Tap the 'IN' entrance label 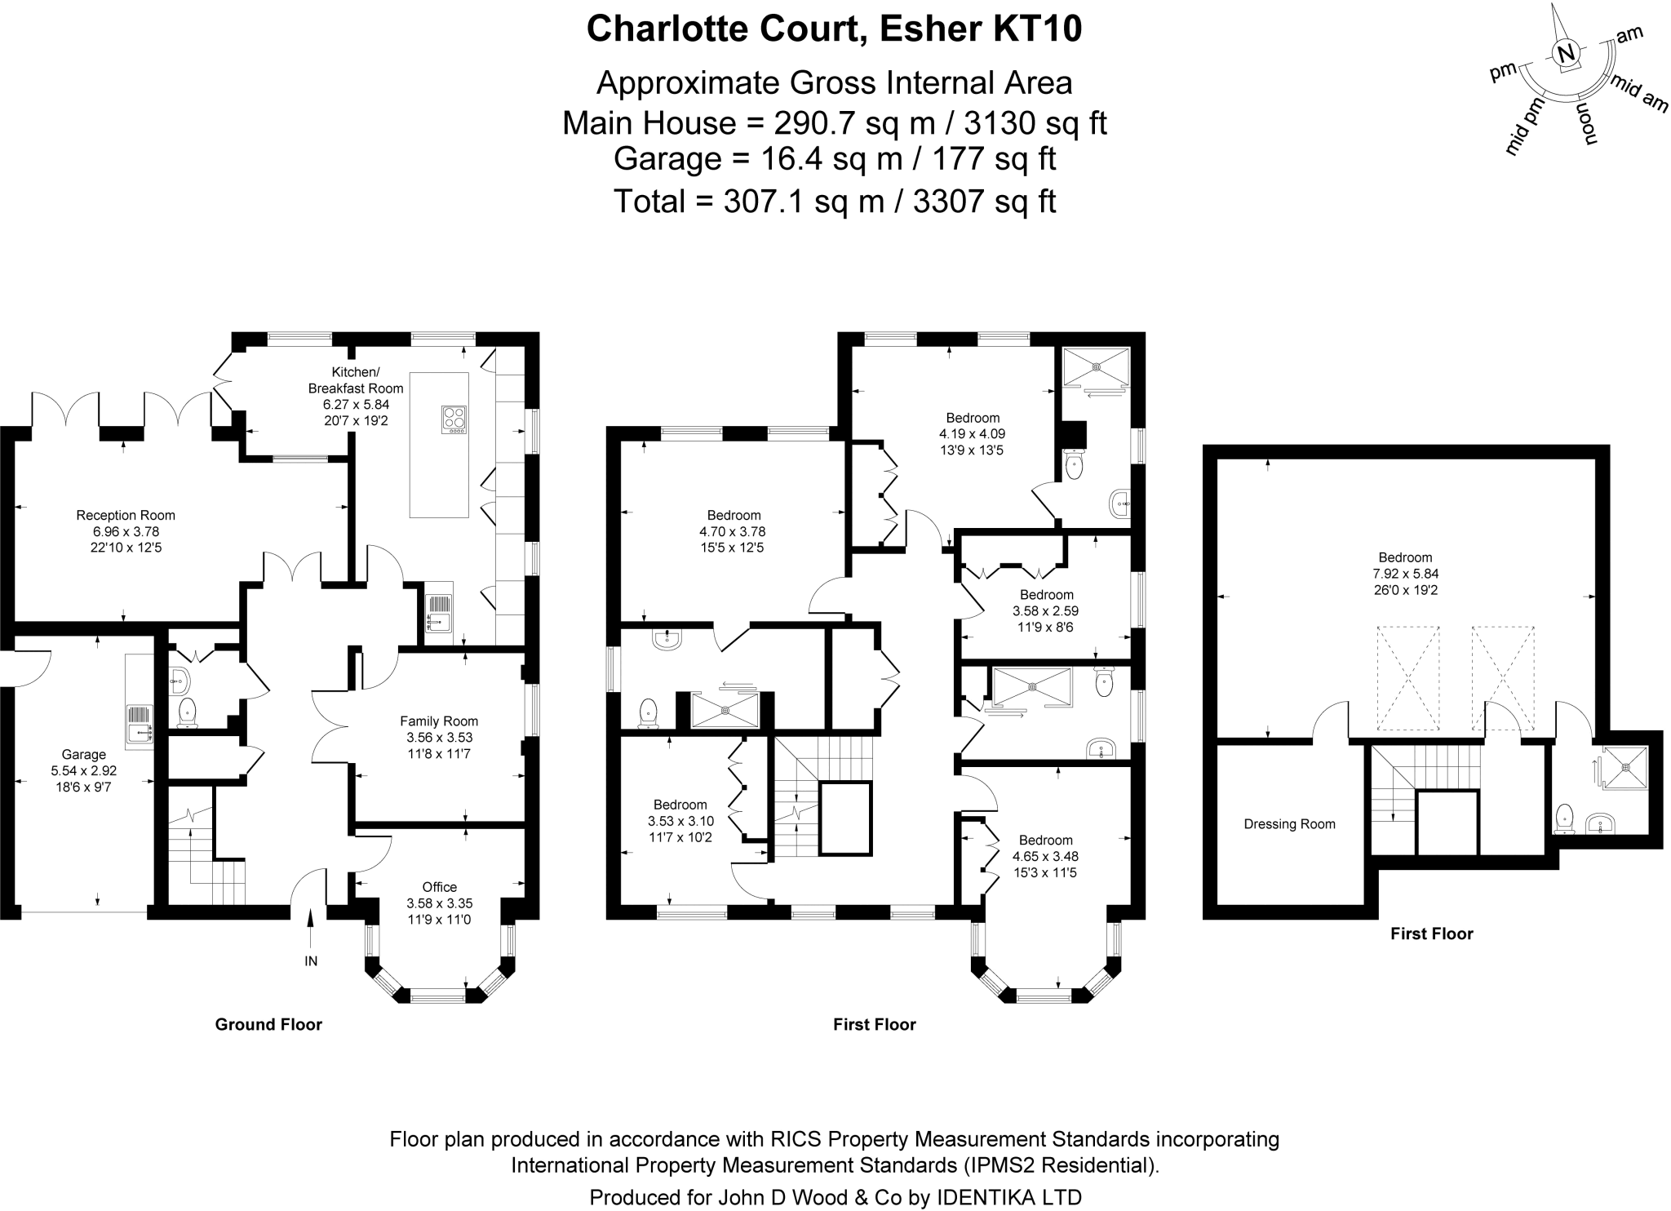click(311, 961)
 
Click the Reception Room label click(126, 515)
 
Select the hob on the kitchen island click(454, 419)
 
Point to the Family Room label click(439, 721)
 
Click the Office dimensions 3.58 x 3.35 click(439, 903)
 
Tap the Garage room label click(84, 755)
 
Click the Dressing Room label click(1289, 824)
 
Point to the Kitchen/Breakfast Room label click(355, 379)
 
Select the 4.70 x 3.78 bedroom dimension click(734, 531)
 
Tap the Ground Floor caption click(268, 1024)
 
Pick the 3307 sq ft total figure click(983, 201)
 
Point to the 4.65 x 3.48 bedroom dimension click(1045, 856)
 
